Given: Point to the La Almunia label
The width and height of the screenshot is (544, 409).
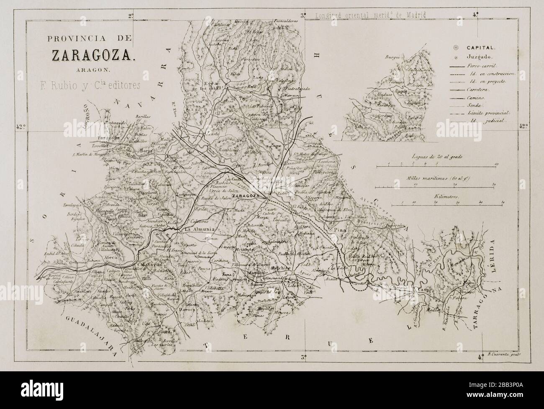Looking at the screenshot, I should [x=200, y=229].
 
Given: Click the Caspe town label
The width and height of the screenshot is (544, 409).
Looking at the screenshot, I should [x=420, y=291].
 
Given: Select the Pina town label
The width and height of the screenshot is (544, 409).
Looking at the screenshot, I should [x=339, y=230].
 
